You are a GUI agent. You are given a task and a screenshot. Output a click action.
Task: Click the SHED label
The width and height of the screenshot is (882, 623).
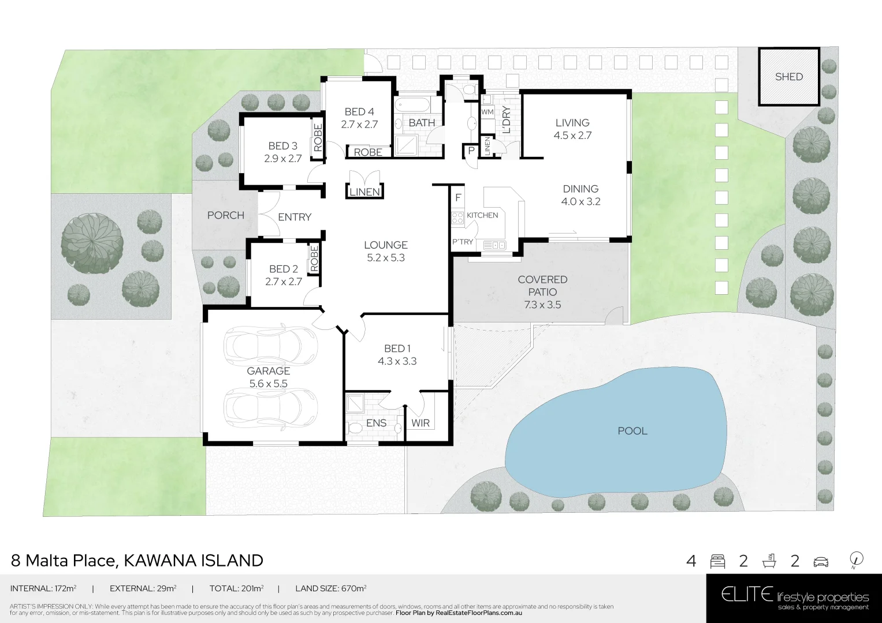788,77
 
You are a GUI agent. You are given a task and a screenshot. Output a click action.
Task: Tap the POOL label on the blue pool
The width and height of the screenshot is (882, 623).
632,431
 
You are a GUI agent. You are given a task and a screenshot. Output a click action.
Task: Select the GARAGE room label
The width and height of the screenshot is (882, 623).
269,371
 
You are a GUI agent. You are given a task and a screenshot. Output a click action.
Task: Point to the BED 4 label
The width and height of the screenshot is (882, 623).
359,112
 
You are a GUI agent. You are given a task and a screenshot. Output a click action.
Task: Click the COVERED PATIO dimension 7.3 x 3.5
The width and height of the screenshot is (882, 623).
542,305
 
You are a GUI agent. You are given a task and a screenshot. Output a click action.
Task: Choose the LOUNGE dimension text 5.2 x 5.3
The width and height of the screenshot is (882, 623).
386,258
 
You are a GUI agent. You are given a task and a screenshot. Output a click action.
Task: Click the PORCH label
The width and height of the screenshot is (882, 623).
225,215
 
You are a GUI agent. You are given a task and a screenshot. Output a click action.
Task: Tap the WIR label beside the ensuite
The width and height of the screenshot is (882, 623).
420,423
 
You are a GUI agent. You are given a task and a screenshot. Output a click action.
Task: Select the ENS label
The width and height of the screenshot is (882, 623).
376,423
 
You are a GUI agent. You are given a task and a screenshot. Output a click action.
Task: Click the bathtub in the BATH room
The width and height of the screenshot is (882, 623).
412,106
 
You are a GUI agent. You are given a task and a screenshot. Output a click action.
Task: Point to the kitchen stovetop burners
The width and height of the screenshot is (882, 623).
457,217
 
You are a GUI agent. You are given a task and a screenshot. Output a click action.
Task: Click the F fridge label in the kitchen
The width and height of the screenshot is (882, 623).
458,198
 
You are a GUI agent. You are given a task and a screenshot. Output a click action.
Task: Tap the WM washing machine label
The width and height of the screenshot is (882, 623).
487,111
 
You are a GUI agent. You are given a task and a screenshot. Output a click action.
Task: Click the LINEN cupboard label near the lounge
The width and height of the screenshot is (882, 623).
364,192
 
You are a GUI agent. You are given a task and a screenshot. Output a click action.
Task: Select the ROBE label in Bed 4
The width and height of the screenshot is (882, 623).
368,152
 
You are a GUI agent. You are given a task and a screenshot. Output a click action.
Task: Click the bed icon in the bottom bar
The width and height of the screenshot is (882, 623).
717,561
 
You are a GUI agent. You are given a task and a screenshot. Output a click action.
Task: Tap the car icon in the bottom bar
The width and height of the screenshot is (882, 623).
820,561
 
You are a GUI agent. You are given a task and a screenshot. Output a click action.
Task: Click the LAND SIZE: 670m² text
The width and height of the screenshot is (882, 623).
331,588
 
